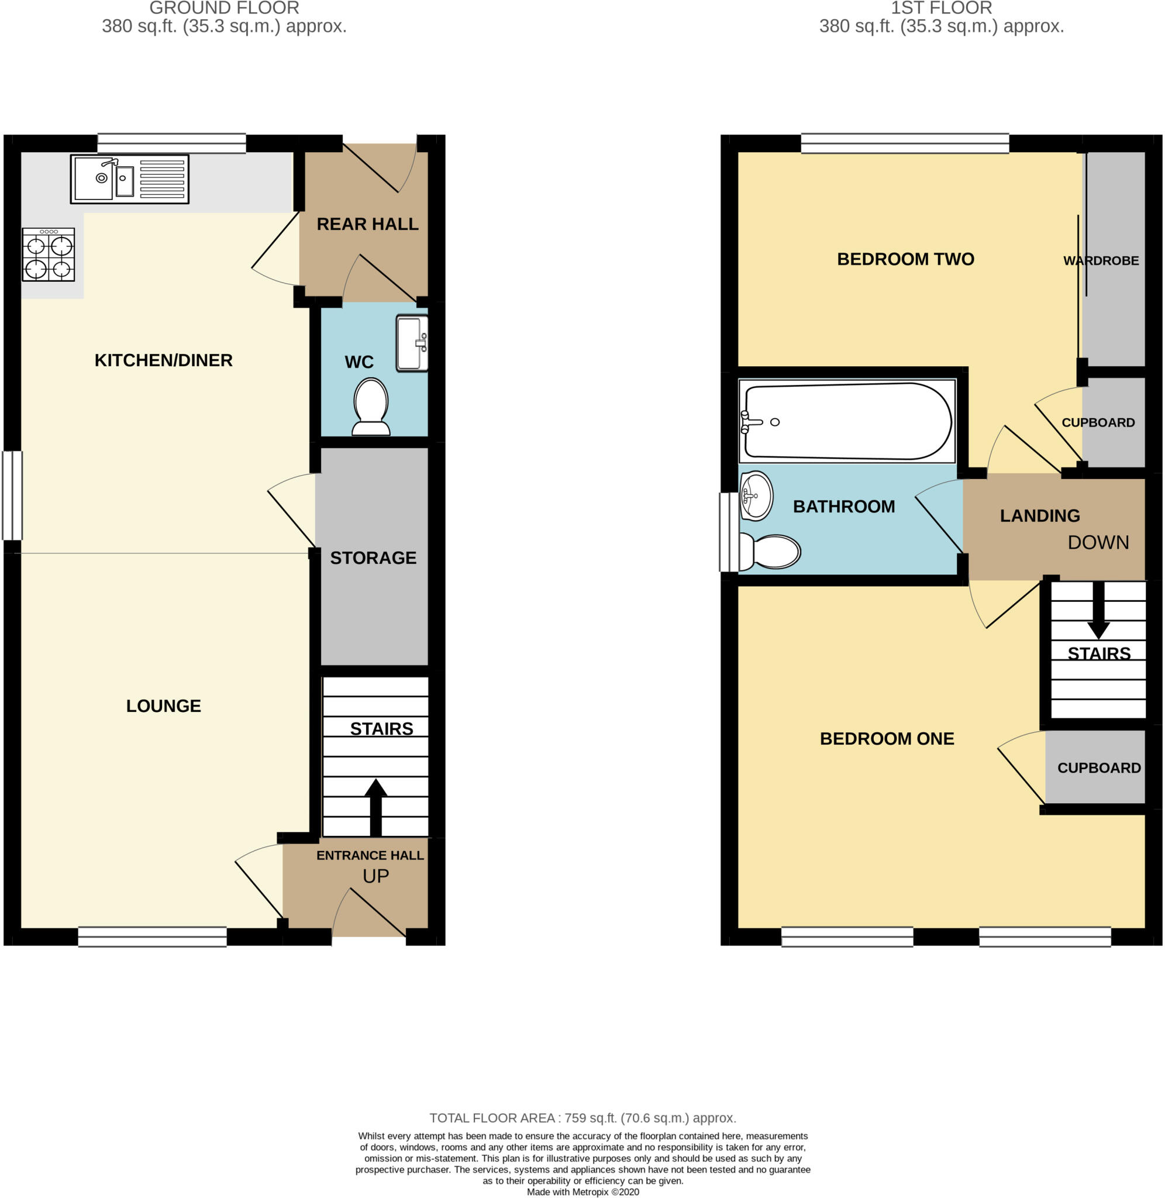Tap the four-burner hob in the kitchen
(x=49, y=254)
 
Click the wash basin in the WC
(x=412, y=343)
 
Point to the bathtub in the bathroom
(x=847, y=421)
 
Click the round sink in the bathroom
(x=756, y=495)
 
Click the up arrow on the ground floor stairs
(x=375, y=807)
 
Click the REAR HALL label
(x=367, y=224)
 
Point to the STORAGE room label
(x=373, y=557)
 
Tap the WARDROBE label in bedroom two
(x=1101, y=261)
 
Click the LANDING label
(x=1040, y=516)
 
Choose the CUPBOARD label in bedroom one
(x=1099, y=767)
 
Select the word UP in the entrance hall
(x=375, y=876)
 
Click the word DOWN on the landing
(x=1098, y=542)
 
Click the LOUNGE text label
(x=163, y=705)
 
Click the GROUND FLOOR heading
(x=224, y=8)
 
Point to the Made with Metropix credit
(x=582, y=1191)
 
